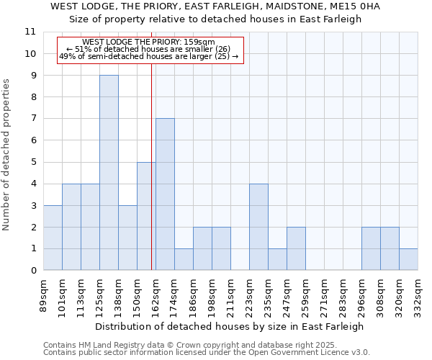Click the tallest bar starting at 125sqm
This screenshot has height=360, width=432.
click(x=109, y=173)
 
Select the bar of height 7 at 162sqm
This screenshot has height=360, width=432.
click(x=165, y=194)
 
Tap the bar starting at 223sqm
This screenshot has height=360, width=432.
click(x=258, y=227)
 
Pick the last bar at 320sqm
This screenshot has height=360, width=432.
click(x=408, y=259)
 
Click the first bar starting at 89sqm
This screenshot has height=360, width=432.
click(x=53, y=238)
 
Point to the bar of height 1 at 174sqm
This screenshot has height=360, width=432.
click(x=184, y=259)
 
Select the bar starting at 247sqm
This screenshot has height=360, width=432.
click(x=296, y=248)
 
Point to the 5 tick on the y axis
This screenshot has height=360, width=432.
click(x=33, y=162)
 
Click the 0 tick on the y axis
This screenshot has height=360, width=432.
click(x=33, y=271)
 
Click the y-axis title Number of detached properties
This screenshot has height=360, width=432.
click(x=6, y=155)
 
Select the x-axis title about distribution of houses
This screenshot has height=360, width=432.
click(x=230, y=326)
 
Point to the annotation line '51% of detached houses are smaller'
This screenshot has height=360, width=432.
click(x=148, y=49)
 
